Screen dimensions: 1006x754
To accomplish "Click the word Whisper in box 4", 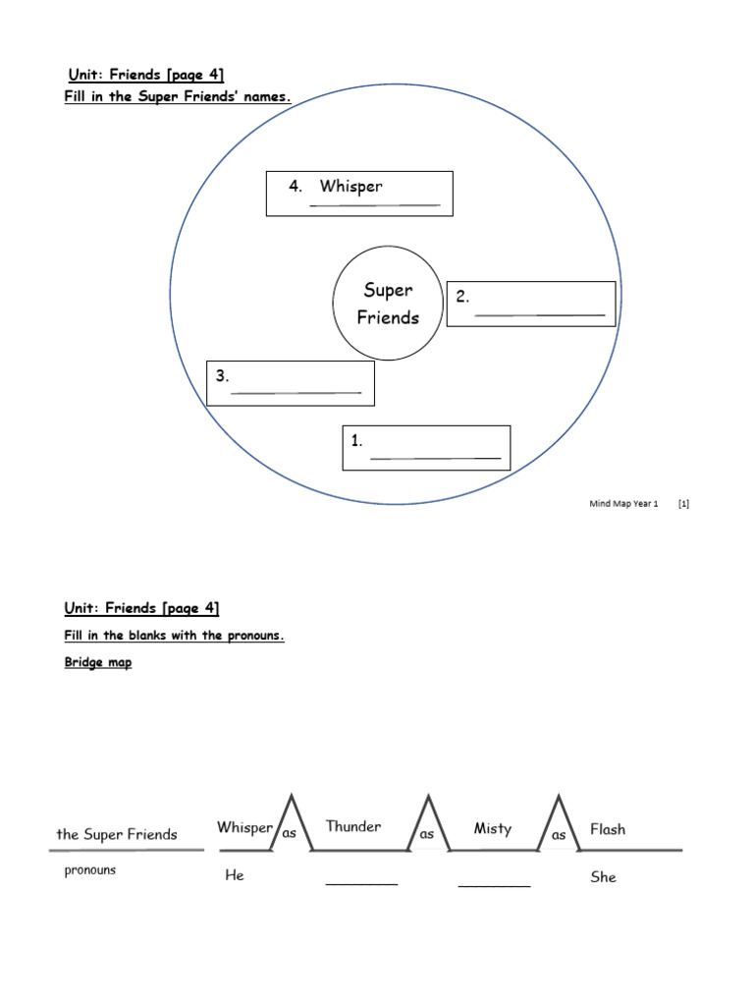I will tap(350, 187).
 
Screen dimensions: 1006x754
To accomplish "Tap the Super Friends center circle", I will tap(389, 304).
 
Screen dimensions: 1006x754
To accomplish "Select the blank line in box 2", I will tap(539, 315).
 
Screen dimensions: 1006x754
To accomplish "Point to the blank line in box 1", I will tap(435, 459).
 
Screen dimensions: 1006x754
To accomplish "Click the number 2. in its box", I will tap(462, 297).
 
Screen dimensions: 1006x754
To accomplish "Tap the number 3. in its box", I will tap(223, 375).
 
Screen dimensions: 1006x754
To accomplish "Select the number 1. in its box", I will tap(357, 441).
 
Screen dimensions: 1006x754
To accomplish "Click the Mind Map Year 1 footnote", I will tap(623, 504).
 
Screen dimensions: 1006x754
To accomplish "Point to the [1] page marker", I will tap(683, 504).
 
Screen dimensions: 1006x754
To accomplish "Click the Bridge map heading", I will tap(98, 663).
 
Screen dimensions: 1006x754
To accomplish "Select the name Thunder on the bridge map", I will tap(353, 826).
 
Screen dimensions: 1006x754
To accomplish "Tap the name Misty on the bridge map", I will tap(493, 828).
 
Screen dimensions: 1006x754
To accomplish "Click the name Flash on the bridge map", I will tap(608, 829).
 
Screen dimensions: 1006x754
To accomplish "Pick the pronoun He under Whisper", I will tap(235, 874).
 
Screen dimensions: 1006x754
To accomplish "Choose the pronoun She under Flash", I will tap(603, 876).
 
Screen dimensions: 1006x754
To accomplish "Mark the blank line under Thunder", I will tap(361, 884).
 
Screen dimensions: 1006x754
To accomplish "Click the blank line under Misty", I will tap(494, 886).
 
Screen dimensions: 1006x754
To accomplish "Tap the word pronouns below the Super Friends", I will tap(90, 870).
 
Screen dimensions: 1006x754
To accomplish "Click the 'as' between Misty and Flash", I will tap(559, 835).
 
